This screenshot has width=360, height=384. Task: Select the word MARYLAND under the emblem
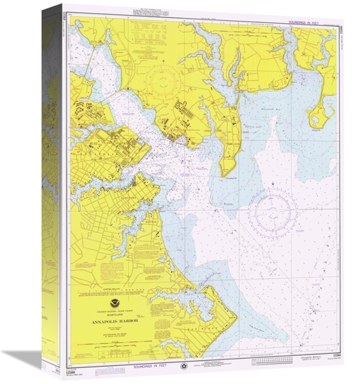pos(115,315)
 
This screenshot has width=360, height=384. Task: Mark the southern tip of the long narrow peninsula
pos(225,174)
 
